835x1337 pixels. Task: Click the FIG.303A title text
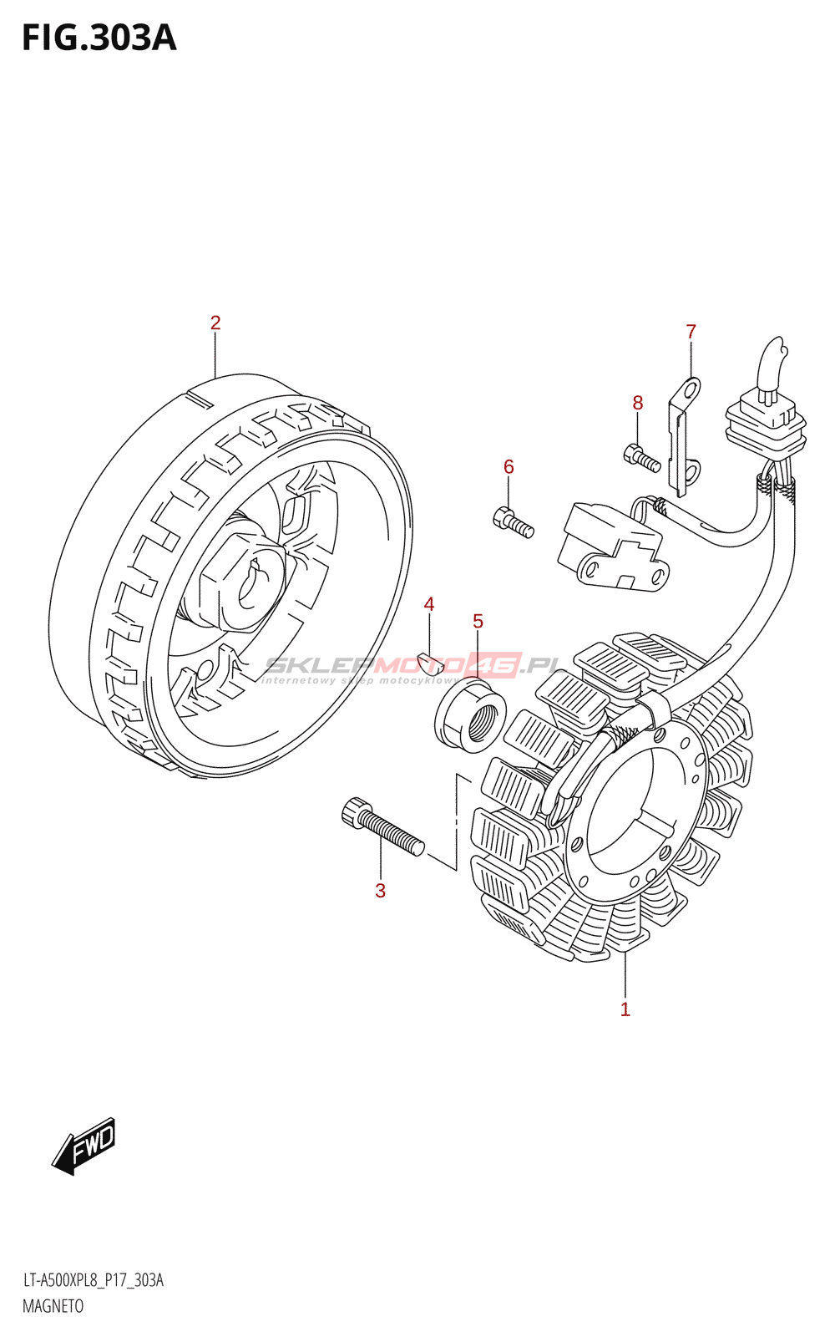(99, 38)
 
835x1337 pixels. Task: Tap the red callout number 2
(215, 323)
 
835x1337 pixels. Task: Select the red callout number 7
(691, 331)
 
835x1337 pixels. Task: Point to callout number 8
(638, 403)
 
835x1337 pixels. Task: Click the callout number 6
(509, 466)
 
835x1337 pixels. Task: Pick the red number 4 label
(429, 604)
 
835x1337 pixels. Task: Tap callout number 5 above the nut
(478, 621)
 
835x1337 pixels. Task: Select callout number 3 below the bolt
(381, 891)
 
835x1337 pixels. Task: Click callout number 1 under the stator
(625, 1009)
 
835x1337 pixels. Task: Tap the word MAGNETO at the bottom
(53, 1306)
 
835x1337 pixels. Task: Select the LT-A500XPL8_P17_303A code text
(93, 1280)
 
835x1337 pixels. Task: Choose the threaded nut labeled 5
(471, 715)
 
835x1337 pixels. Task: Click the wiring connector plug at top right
(767, 421)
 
